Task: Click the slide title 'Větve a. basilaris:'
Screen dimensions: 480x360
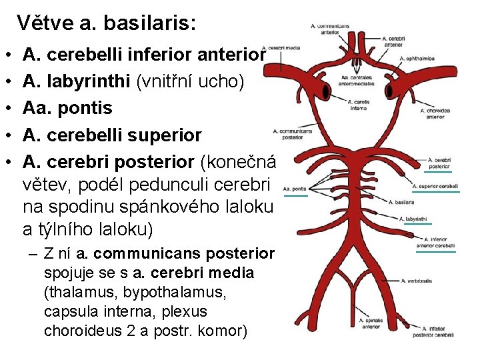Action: (x=107, y=23)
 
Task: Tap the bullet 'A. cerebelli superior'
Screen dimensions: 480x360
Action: (x=112, y=135)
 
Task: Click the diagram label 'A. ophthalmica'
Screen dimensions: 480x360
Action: (x=417, y=59)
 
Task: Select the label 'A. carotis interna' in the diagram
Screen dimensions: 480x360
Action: (x=357, y=105)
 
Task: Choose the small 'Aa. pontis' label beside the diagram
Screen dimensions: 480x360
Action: (x=294, y=189)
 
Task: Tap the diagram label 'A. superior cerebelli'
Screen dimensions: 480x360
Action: (x=435, y=186)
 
